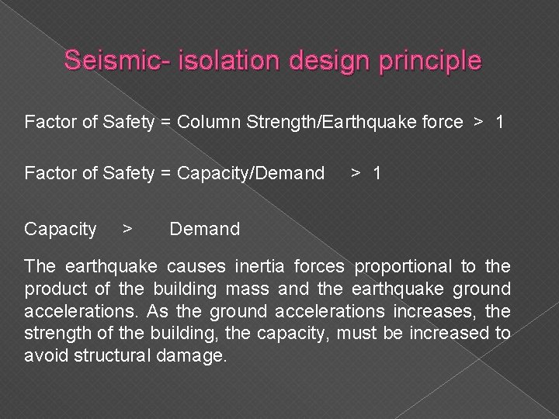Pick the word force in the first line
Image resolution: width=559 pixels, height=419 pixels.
pyautogui.click(x=439, y=122)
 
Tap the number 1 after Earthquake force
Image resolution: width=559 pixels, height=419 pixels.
pyautogui.click(x=500, y=122)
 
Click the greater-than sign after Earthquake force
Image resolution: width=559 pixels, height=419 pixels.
pyautogui.click(x=479, y=122)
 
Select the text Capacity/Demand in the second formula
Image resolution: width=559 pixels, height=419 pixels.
pyautogui.click(x=251, y=173)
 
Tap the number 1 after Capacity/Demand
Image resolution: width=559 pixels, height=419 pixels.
pyautogui.click(x=377, y=173)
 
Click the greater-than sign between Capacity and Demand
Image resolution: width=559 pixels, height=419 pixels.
pyautogui.click(x=128, y=229)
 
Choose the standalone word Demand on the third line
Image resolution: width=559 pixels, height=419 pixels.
pyautogui.click(x=205, y=229)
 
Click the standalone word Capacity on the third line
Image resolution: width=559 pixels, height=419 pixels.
pyautogui.click(x=61, y=229)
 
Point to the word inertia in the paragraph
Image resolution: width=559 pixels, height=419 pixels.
pyautogui.click(x=264, y=267)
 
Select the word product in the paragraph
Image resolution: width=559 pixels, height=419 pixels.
pyautogui.click(x=51, y=289)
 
